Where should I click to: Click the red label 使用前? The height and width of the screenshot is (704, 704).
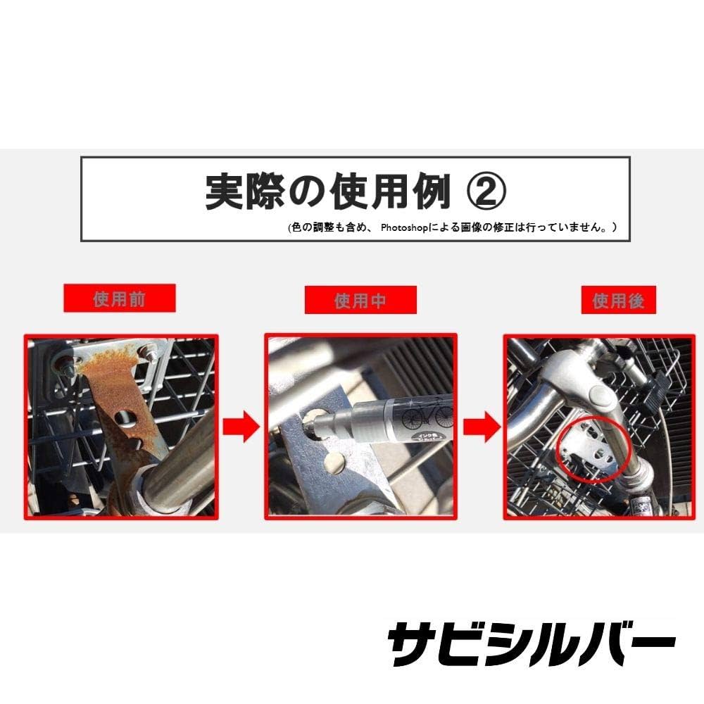pyautogui.click(x=120, y=298)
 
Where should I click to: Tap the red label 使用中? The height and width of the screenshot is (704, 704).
pyautogui.click(x=360, y=301)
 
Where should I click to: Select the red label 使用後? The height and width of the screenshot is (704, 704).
pyautogui.click(x=618, y=301)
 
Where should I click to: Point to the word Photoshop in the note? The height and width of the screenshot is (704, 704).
pyautogui.click(x=406, y=227)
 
